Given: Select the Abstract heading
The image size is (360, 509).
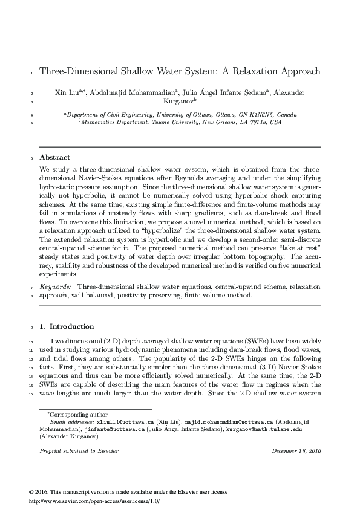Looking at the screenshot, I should pos(54,157).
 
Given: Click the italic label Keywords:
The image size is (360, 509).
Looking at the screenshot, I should pos(56,285).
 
